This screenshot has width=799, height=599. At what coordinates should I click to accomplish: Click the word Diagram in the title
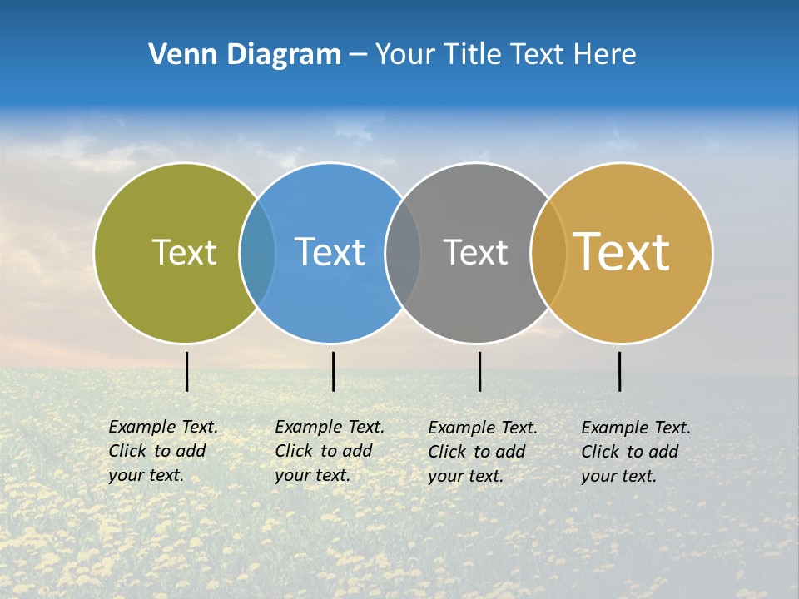click(283, 55)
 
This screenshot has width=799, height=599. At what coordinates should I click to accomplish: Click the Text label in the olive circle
click(184, 252)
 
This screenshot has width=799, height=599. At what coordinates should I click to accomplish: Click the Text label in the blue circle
click(330, 252)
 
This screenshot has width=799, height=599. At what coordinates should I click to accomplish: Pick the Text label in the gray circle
click(475, 252)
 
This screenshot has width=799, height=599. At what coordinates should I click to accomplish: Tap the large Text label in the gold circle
click(622, 252)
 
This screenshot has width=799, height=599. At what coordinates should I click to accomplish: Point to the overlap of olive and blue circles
click(257, 253)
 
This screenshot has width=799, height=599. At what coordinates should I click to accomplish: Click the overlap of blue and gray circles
click(403, 253)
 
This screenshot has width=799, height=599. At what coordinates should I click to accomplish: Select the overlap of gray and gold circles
click(548, 253)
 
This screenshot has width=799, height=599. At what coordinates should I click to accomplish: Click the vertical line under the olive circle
click(186, 371)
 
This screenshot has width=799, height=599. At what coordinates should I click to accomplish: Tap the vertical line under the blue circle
click(333, 371)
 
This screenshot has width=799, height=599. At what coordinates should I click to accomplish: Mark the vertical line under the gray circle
click(479, 371)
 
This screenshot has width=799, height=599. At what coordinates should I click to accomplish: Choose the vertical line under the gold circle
click(619, 371)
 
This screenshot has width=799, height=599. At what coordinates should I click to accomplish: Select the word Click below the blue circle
click(294, 451)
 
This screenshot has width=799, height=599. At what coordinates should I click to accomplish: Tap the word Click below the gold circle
click(600, 452)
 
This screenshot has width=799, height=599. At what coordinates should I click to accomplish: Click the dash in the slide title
click(358, 55)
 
